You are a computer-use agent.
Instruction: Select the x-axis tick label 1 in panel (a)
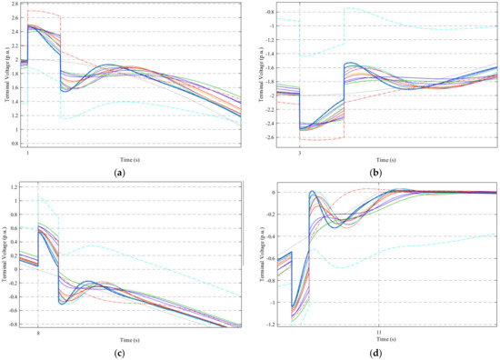coord(27,152)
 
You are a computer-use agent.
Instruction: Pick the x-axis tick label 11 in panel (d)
coord(379,333)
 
